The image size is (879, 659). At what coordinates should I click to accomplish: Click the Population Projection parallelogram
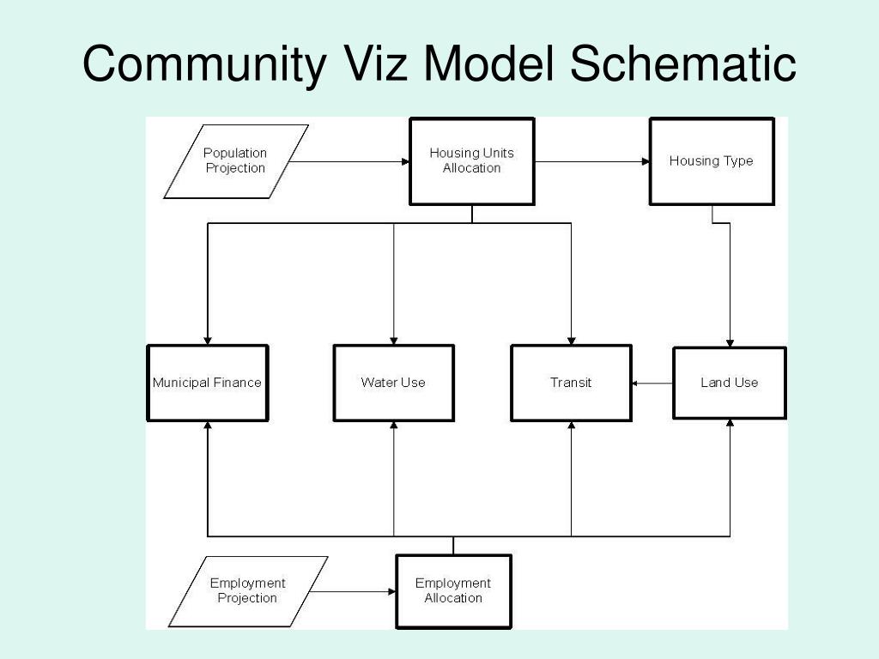click(235, 161)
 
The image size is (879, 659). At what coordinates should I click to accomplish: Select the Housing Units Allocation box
click(471, 161)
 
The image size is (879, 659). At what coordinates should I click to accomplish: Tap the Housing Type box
click(712, 161)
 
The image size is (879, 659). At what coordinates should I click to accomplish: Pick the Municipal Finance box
click(207, 383)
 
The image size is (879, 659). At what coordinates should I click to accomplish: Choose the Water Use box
click(393, 383)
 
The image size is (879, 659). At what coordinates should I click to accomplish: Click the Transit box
click(571, 383)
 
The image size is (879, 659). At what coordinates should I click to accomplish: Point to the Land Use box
click(729, 383)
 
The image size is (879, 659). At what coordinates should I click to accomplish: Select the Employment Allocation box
click(453, 590)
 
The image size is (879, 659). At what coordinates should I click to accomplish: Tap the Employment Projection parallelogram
click(247, 590)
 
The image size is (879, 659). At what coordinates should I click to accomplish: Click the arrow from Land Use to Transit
click(652, 383)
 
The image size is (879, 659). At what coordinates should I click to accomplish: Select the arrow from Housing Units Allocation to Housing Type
click(592, 161)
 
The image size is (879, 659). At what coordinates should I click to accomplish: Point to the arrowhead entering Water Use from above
click(394, 340)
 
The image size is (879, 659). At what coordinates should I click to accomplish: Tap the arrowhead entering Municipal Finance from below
click(207, 426)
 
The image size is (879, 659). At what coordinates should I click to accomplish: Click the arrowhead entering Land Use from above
click(730, 342)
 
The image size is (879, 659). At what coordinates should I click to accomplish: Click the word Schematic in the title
click(683, 64)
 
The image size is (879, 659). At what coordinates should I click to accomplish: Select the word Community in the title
click(204, 64)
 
